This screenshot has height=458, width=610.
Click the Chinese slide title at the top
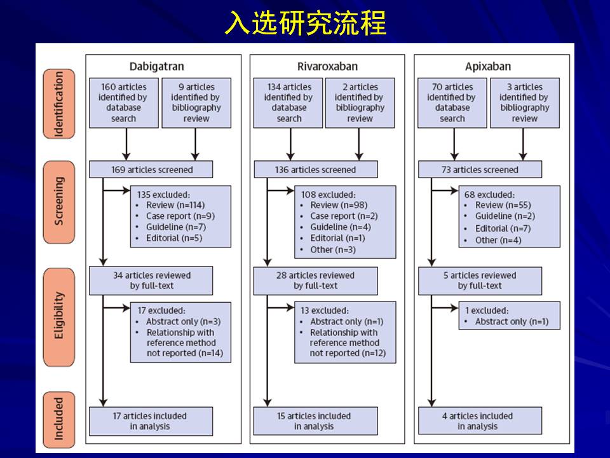coord(305,24)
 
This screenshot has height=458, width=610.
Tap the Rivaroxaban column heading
coord(327,66)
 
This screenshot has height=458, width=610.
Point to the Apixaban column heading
coord(489,66)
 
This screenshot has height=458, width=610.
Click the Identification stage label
coord(59,103)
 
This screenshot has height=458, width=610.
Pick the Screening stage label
coord(59,201)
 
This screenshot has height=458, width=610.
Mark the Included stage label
coord(59,419)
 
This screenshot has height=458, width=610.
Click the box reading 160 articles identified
coord(123,102)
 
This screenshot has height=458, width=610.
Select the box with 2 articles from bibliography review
coord(360,102)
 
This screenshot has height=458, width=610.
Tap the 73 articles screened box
coord(480,170)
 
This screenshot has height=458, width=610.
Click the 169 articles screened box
coord(151,170)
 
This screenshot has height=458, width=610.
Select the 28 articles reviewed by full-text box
coord(316,281)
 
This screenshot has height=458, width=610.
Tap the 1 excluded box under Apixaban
coord(510,316)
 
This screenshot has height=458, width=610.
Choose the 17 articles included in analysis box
coord(151,421)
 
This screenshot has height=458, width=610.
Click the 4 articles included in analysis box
coord(480,421)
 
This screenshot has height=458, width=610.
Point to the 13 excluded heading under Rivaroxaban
coord(325,310)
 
